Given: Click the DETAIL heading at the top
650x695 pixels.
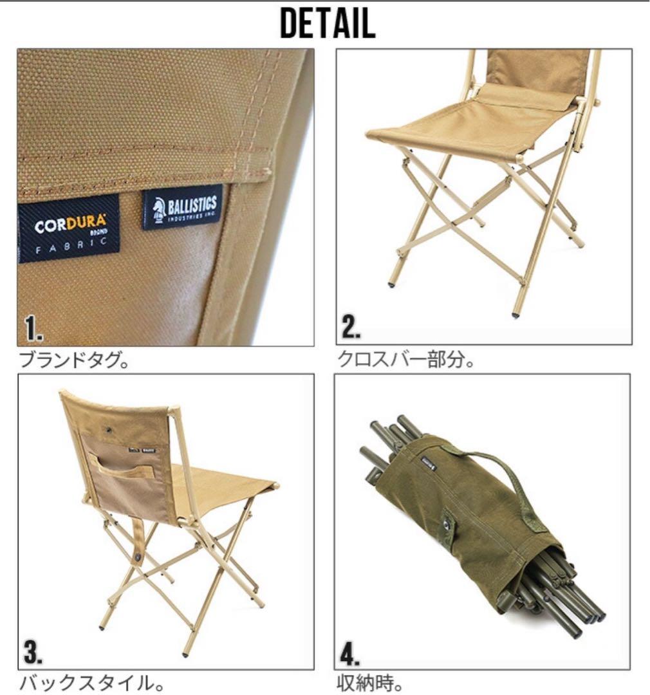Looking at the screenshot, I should (327, 24).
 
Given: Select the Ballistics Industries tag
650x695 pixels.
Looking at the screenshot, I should (182, 207).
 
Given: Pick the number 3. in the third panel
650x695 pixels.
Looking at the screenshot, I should (33, 653).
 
